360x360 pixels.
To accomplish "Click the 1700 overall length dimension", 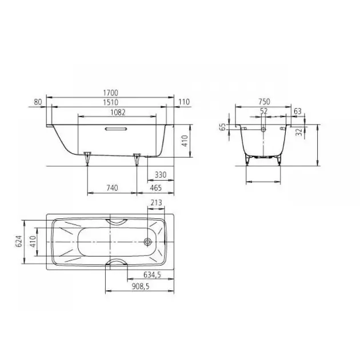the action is [x=111, y=93].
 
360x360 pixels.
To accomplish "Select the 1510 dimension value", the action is [x=111, y=102].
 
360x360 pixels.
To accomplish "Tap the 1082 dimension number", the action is [x=118, y=112].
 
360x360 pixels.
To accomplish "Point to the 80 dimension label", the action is [x=38, y=102].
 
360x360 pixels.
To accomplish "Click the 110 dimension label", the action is [x=184, y=102].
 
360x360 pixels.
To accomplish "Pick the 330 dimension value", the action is [x=161, y=175].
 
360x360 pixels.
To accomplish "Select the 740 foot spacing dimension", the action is [x=112, y=187].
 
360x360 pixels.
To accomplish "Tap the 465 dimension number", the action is [x=156, y=187].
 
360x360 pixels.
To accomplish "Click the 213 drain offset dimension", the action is [x=157, y=202].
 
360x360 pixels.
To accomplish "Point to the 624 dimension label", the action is [x=19, y=241].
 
